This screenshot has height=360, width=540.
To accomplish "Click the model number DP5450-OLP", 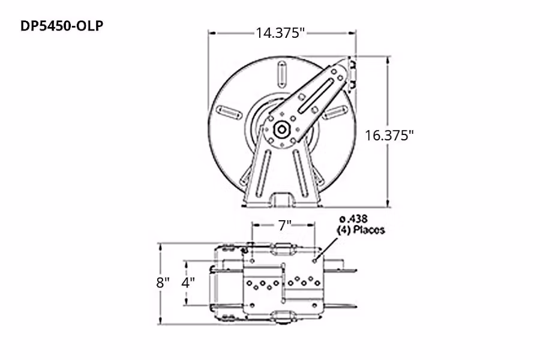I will (x=58, y=27).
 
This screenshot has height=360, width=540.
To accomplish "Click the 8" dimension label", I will (x=163, y=283).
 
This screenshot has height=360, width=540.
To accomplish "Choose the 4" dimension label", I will (x=188, y=283).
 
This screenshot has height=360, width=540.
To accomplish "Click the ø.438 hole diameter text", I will (x=354, y=218).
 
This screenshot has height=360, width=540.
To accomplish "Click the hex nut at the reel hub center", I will (x=281, y=129).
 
